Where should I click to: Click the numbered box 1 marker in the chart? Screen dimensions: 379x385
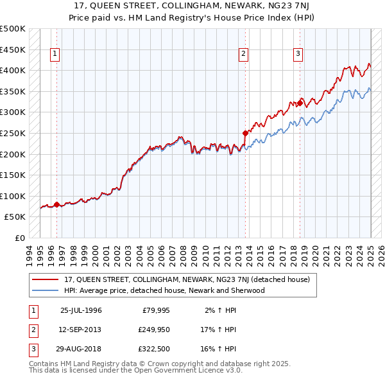tap(56, 55)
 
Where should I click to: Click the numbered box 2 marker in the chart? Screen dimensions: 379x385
tap(244, 55)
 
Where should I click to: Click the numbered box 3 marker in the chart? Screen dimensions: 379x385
tap(299, 55)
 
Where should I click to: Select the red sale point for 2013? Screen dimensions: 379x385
tap(245, 134)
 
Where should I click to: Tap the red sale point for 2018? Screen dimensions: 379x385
tap(300, 103)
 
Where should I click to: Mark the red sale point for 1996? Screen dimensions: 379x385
tap(56, 205)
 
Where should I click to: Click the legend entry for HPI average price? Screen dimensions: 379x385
tap(164, 290)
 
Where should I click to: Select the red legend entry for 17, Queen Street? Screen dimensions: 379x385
tap(187, 279)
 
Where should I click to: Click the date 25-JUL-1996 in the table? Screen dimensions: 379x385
tap(81, 310)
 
